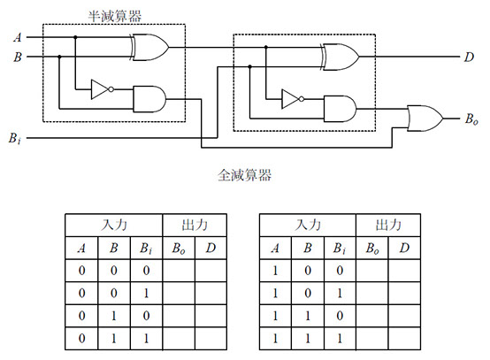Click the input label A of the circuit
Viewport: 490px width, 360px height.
click(18, 37)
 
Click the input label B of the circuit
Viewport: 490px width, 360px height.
click(18, 57)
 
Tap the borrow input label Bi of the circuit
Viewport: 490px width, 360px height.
click(15, 138)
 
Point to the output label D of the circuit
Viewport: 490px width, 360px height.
click(469, 57)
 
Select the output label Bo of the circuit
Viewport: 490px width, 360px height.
click(471, 119)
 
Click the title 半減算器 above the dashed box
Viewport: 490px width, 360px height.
click(115, 16)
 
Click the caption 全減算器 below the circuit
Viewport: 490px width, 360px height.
click(244, 175)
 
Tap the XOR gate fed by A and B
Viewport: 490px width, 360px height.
click(149, 47)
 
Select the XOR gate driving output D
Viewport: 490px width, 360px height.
click(340, 57)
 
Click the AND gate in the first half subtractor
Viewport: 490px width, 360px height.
click(149, 99)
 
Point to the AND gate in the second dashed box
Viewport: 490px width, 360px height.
click(340, 109)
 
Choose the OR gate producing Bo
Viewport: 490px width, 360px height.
click(425, 119)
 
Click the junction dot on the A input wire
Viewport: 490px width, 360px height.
click(75, 37)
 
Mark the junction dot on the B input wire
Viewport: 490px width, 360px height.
click(59, 57)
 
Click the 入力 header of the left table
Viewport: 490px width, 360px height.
click(114, 225)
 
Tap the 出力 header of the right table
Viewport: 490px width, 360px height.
click(388, 225)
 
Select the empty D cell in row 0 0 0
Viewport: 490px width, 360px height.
click(211, 271)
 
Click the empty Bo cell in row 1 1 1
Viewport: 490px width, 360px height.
click(371, 339)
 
